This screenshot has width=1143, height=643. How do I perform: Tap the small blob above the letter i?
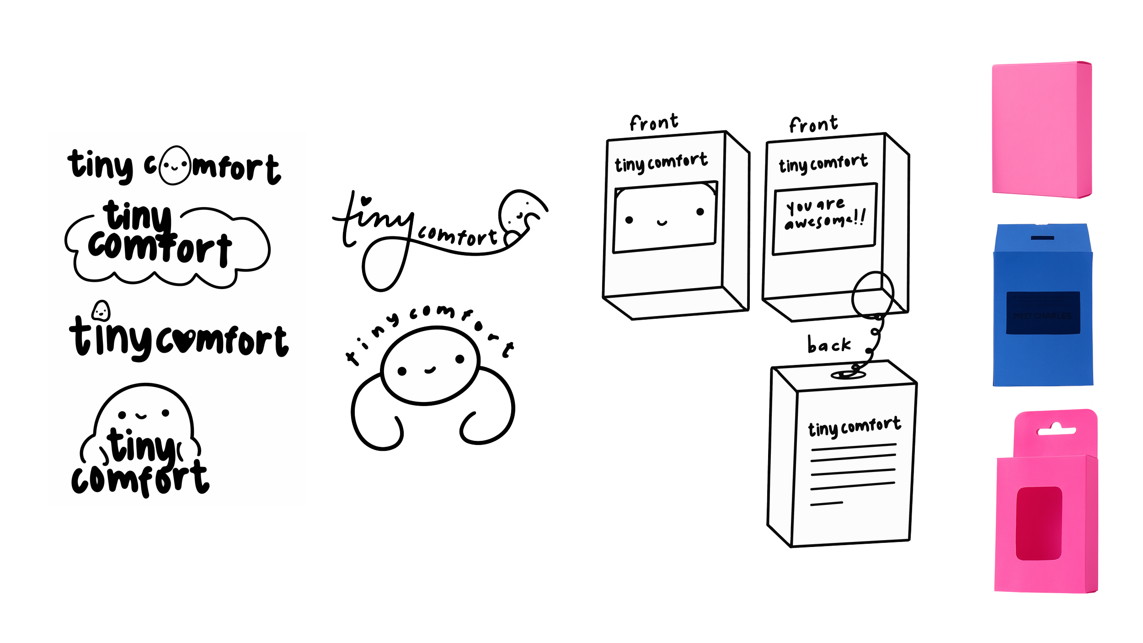pos(101,311)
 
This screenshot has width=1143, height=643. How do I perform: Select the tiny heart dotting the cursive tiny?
pos(365,200)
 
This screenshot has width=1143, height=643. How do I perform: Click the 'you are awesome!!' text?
pos(824,214)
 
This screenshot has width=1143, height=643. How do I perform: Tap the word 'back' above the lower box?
pos(828,345)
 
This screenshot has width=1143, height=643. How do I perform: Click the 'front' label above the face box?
pos(653,123)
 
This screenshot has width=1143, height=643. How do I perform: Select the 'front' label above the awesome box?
pos(813,124)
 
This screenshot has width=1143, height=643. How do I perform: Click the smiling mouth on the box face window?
pos(662,223)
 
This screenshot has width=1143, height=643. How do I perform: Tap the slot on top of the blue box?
pos(1043,238)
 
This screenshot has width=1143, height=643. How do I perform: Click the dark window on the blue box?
pos(1043,313)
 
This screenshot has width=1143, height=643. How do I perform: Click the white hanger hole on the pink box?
pos(1056,429)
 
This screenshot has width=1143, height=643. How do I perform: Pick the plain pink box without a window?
pos(1042,130)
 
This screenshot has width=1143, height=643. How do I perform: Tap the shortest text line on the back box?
pos(827,504)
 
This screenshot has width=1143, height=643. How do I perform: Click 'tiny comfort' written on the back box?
pos(854,427)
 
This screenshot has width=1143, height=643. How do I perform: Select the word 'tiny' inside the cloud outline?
pos(137,216)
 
